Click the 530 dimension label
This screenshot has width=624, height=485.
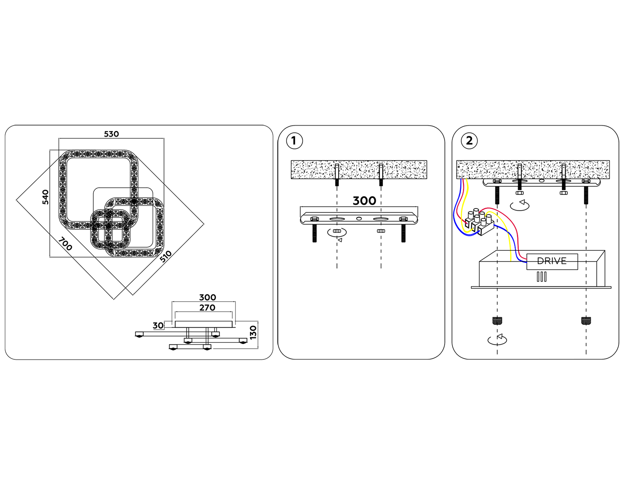tap(111, 134)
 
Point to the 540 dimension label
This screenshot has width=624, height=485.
tap(45, 197)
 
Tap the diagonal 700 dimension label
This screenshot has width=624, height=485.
tap(65, 244)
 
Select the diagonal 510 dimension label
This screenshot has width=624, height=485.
tap(166, 256)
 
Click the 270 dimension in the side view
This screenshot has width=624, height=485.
tap(207, 308)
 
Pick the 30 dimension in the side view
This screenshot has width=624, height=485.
tap(158, 325)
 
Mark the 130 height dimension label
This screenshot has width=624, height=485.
tap(253, 332)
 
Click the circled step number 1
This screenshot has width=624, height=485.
tap(294, 141)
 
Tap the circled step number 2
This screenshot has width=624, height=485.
tap(469, 141)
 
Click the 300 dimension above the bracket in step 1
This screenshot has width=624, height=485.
tap(364, 201)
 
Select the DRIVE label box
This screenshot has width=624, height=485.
tap(552, 261)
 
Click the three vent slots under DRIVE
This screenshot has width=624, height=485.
tap(541, 276)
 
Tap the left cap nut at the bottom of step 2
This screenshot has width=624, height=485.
tap(497, 321)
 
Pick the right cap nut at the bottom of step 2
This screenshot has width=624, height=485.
tap(586, 321)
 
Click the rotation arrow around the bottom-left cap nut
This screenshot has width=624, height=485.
tap(497, 340)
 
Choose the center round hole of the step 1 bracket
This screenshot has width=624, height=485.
tap(359, 219)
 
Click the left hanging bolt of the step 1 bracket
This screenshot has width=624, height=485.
tap(314, 233)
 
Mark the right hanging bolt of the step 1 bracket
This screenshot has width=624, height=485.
tap(403, 233)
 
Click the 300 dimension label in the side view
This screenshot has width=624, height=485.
tap(207, 297)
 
